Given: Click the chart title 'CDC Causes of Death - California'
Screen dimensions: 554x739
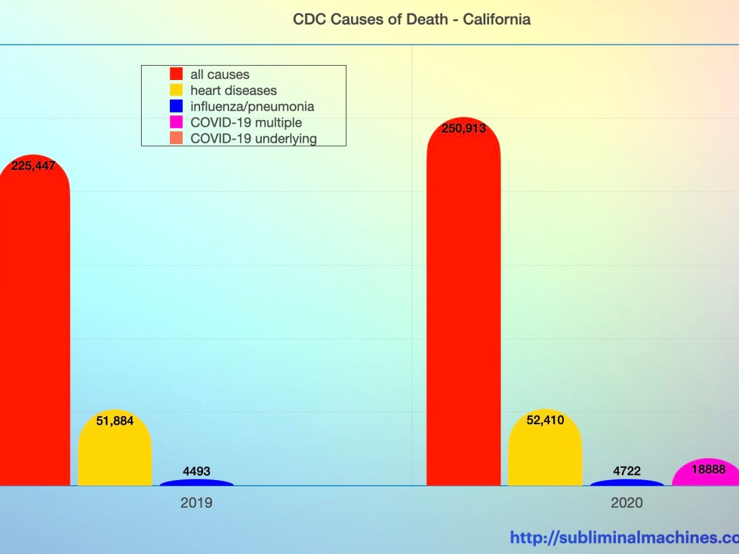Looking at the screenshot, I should [x=411, y=19].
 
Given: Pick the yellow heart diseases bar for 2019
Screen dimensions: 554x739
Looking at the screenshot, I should [x=115, y=456].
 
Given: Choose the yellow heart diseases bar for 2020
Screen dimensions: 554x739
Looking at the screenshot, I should [x=544, y=456].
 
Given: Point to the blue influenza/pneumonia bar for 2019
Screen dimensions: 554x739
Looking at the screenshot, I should [x=196, y=483].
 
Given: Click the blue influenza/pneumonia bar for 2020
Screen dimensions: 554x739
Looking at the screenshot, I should [x=626, y=483].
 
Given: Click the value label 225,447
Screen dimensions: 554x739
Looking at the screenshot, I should [x=33, y=165].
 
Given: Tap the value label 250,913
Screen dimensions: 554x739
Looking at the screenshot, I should [x=463, y=129].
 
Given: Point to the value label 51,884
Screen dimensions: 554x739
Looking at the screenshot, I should [x=115, y=421].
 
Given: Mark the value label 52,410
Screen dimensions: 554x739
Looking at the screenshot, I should [x=545, y=420].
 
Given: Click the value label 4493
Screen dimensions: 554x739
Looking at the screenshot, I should [x=196, y=472].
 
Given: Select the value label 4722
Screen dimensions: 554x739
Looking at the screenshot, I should [x=627, y=472].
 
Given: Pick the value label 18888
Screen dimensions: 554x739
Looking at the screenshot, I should [x=708, y=469].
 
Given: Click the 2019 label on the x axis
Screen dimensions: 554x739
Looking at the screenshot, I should [x=196, y=503].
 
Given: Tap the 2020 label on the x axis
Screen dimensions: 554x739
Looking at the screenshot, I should [x=626, y=503].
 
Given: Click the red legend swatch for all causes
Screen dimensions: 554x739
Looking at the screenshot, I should [x=177, y=74].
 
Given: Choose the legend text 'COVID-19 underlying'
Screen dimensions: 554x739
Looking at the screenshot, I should [x=253, y=138].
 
